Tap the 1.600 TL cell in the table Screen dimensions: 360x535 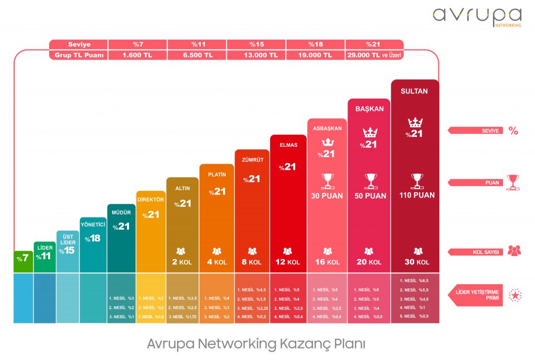point(137,55)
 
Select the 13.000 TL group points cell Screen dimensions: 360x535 point(257,55)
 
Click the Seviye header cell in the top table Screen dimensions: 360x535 point(79,44)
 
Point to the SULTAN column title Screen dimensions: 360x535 point(414,91)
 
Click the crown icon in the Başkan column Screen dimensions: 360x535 point(370,132)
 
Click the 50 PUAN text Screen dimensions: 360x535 point(370,195)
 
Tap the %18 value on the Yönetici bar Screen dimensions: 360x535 point(93,238)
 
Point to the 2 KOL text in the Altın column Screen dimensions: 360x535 point(182,262)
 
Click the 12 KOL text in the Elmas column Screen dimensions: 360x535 point(287,262)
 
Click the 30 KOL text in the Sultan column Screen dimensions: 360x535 point(416,262)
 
